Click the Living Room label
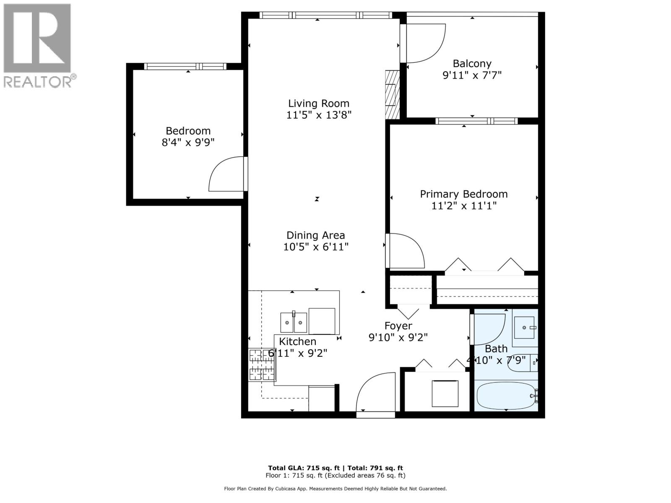pyautogui.click(x=318, y=104)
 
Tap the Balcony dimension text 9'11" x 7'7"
pyautogui.click(x=472, y=75)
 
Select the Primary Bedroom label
pyautogui.click(x=463, y=194)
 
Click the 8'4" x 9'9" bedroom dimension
pyautogui.click(x=188, y=143)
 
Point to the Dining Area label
pyautogui.click(x=315, y=235)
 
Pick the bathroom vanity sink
pyautogui.click(x=525, y=327)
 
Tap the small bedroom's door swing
pyautogui.click(x=227, y=174)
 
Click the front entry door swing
pyautogui.click(x=376, y=392)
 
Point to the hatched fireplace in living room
pyautogui.click(x=392, y=94)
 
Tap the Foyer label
pyautogui.click(x=398, y=326)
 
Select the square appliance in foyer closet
pyautogui.click(x=445, y=393)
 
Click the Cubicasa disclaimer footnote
pyautogui.click(x=335, y=489)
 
